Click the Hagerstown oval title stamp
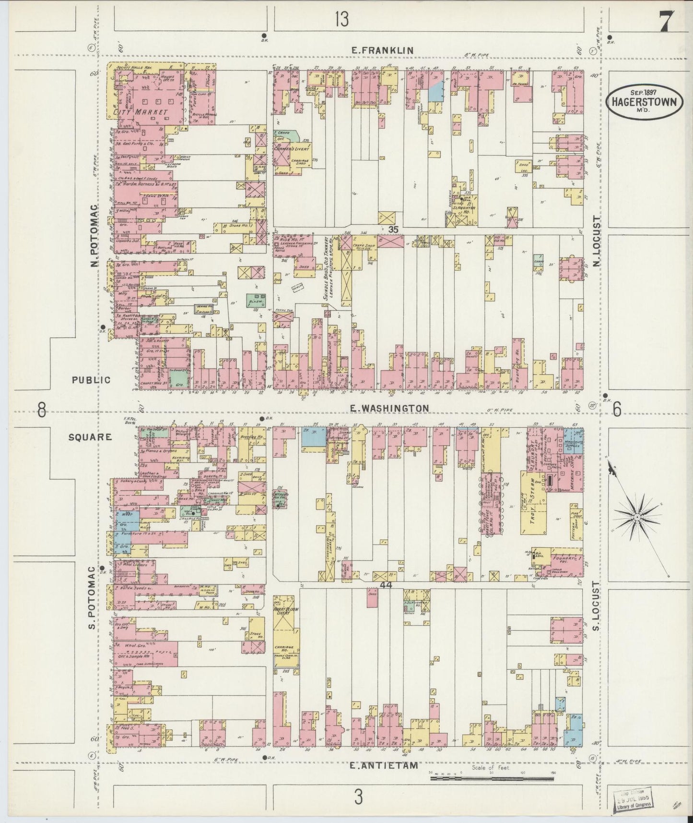(x=644, y=101)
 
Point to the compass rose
(x=637, y=517)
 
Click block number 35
(x=393, y=230)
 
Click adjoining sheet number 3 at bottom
(x=358, y=798)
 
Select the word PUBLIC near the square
(x=91, y=380)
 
